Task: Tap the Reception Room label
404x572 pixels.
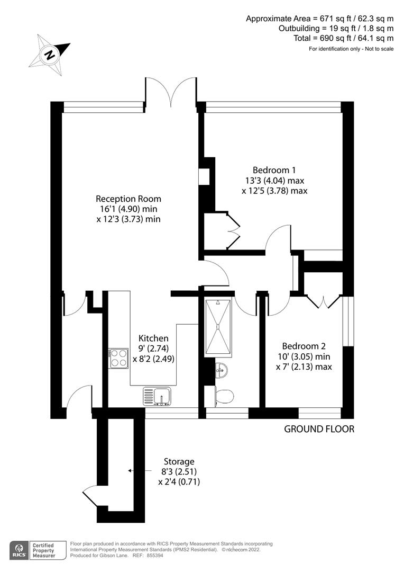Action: point(128,209)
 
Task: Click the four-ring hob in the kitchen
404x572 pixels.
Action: point(118,359)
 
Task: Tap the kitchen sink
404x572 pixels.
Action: point(157,396)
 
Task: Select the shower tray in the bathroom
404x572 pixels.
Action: point(218,326)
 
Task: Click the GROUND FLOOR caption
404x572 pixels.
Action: point(319,429)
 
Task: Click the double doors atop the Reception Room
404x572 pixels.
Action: point(170,91)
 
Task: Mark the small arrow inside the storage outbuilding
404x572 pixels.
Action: point(129,470)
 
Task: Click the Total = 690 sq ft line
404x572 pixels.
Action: point(343,38)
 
